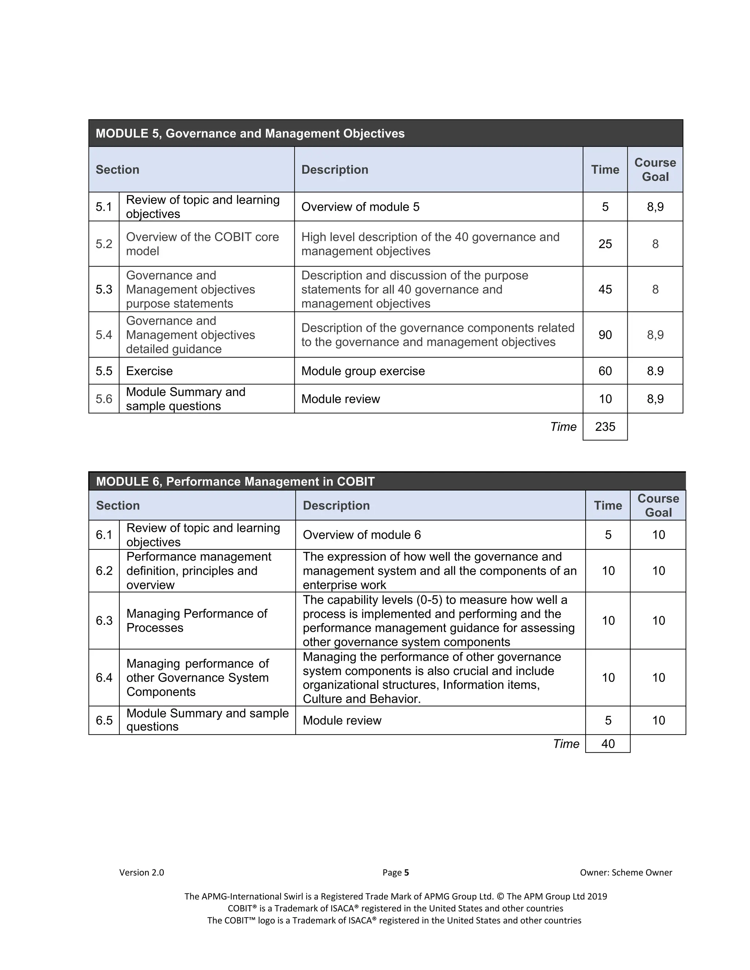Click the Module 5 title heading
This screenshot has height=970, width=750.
coord(250,133)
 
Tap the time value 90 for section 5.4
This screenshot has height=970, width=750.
coord(605,335)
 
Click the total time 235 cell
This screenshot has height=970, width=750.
coord(605,426)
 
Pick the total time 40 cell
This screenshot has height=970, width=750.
coord(608,743)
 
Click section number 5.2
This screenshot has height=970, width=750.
coord(104,244)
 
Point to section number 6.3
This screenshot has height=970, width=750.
coord(104,620)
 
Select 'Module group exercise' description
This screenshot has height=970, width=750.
coord(363,371)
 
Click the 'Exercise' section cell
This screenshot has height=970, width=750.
coord(149,371)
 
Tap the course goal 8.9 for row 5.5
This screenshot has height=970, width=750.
coord(655,371)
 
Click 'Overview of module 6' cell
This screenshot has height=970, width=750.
coord(362,535)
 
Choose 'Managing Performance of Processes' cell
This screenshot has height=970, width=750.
coord(196,620)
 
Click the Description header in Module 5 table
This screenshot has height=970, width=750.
coord(335,170)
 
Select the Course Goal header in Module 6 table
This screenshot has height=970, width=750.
coord(658,505)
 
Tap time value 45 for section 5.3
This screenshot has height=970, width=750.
coord(605,289)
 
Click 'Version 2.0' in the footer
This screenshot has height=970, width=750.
coord(141,872)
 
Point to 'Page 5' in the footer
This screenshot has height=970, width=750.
coord(396,872)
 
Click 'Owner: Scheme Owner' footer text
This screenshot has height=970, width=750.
coord(625,872)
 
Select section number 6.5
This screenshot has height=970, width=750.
coord(104,720)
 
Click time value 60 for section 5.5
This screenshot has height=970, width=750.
coord(605,371)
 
